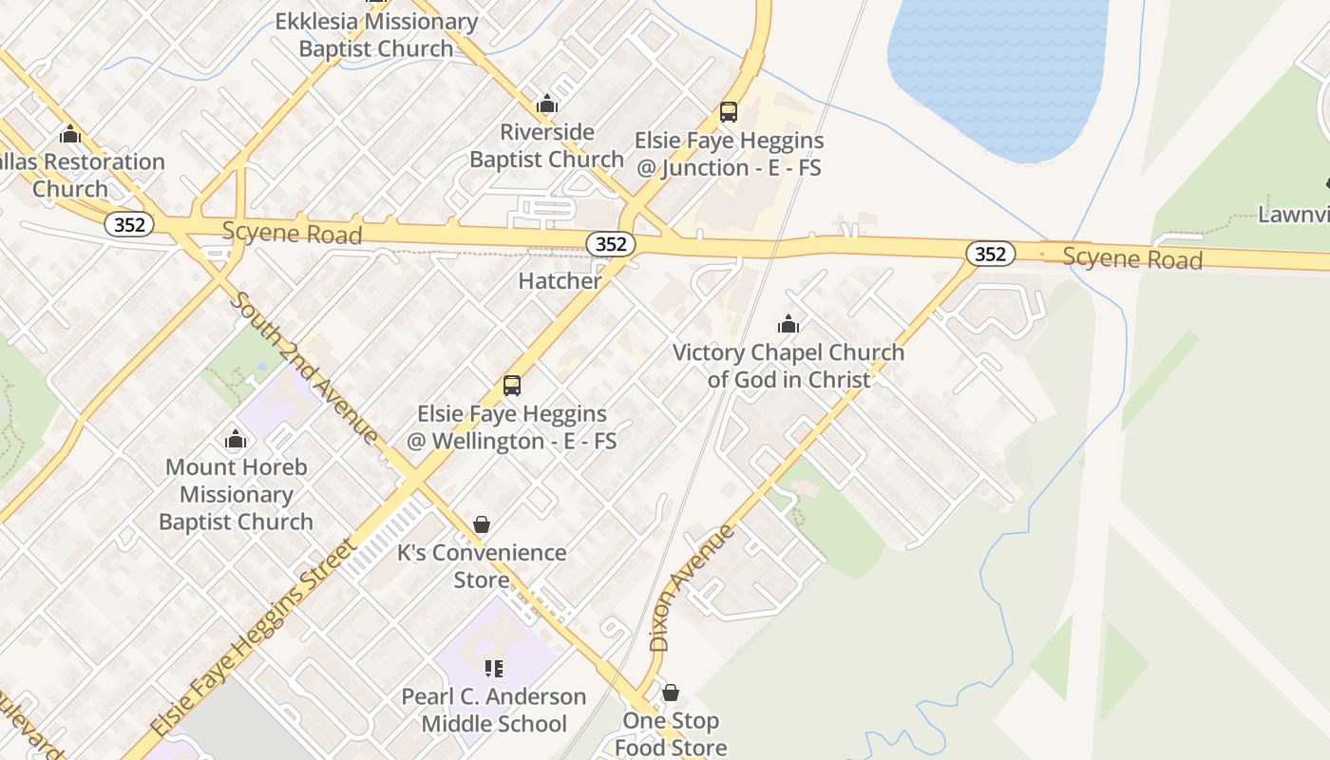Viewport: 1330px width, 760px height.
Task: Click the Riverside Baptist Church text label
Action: coord(546,145)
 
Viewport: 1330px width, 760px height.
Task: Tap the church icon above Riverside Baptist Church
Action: coord(546,104)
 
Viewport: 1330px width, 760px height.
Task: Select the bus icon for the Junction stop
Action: coord(729,112)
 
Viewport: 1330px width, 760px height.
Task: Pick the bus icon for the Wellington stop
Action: coord(512,386)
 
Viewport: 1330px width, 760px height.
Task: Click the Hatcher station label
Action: coord(560,280)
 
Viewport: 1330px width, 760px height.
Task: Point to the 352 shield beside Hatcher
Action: coord(611,244)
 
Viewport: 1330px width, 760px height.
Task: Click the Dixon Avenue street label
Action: coord(693,587)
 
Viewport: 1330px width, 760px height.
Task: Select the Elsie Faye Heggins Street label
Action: coord(256,636)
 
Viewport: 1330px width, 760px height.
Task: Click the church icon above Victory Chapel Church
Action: coord(788,325)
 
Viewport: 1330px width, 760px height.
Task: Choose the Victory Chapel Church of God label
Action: coord(788,366)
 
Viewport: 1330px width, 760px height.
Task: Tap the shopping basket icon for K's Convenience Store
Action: coord(482,524)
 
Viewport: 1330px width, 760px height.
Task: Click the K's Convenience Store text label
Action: coord(482,565)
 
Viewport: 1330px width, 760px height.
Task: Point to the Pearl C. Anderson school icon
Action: coord(493,669)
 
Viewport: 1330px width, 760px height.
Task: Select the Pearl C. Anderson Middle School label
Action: coord(494,710)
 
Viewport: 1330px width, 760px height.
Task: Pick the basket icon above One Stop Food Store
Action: coord(671,693)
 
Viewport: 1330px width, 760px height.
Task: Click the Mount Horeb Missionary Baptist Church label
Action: coord(236,494)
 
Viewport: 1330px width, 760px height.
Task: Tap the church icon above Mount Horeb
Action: coord(236,439)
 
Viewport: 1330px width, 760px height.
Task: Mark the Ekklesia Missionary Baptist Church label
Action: coord(376,35)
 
